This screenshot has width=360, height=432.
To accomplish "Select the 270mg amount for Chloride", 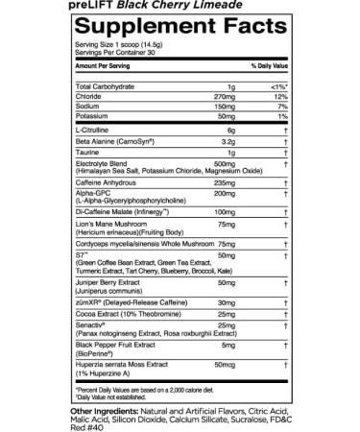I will (227, 121).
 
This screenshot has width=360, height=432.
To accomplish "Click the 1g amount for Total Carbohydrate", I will (231, 111).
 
